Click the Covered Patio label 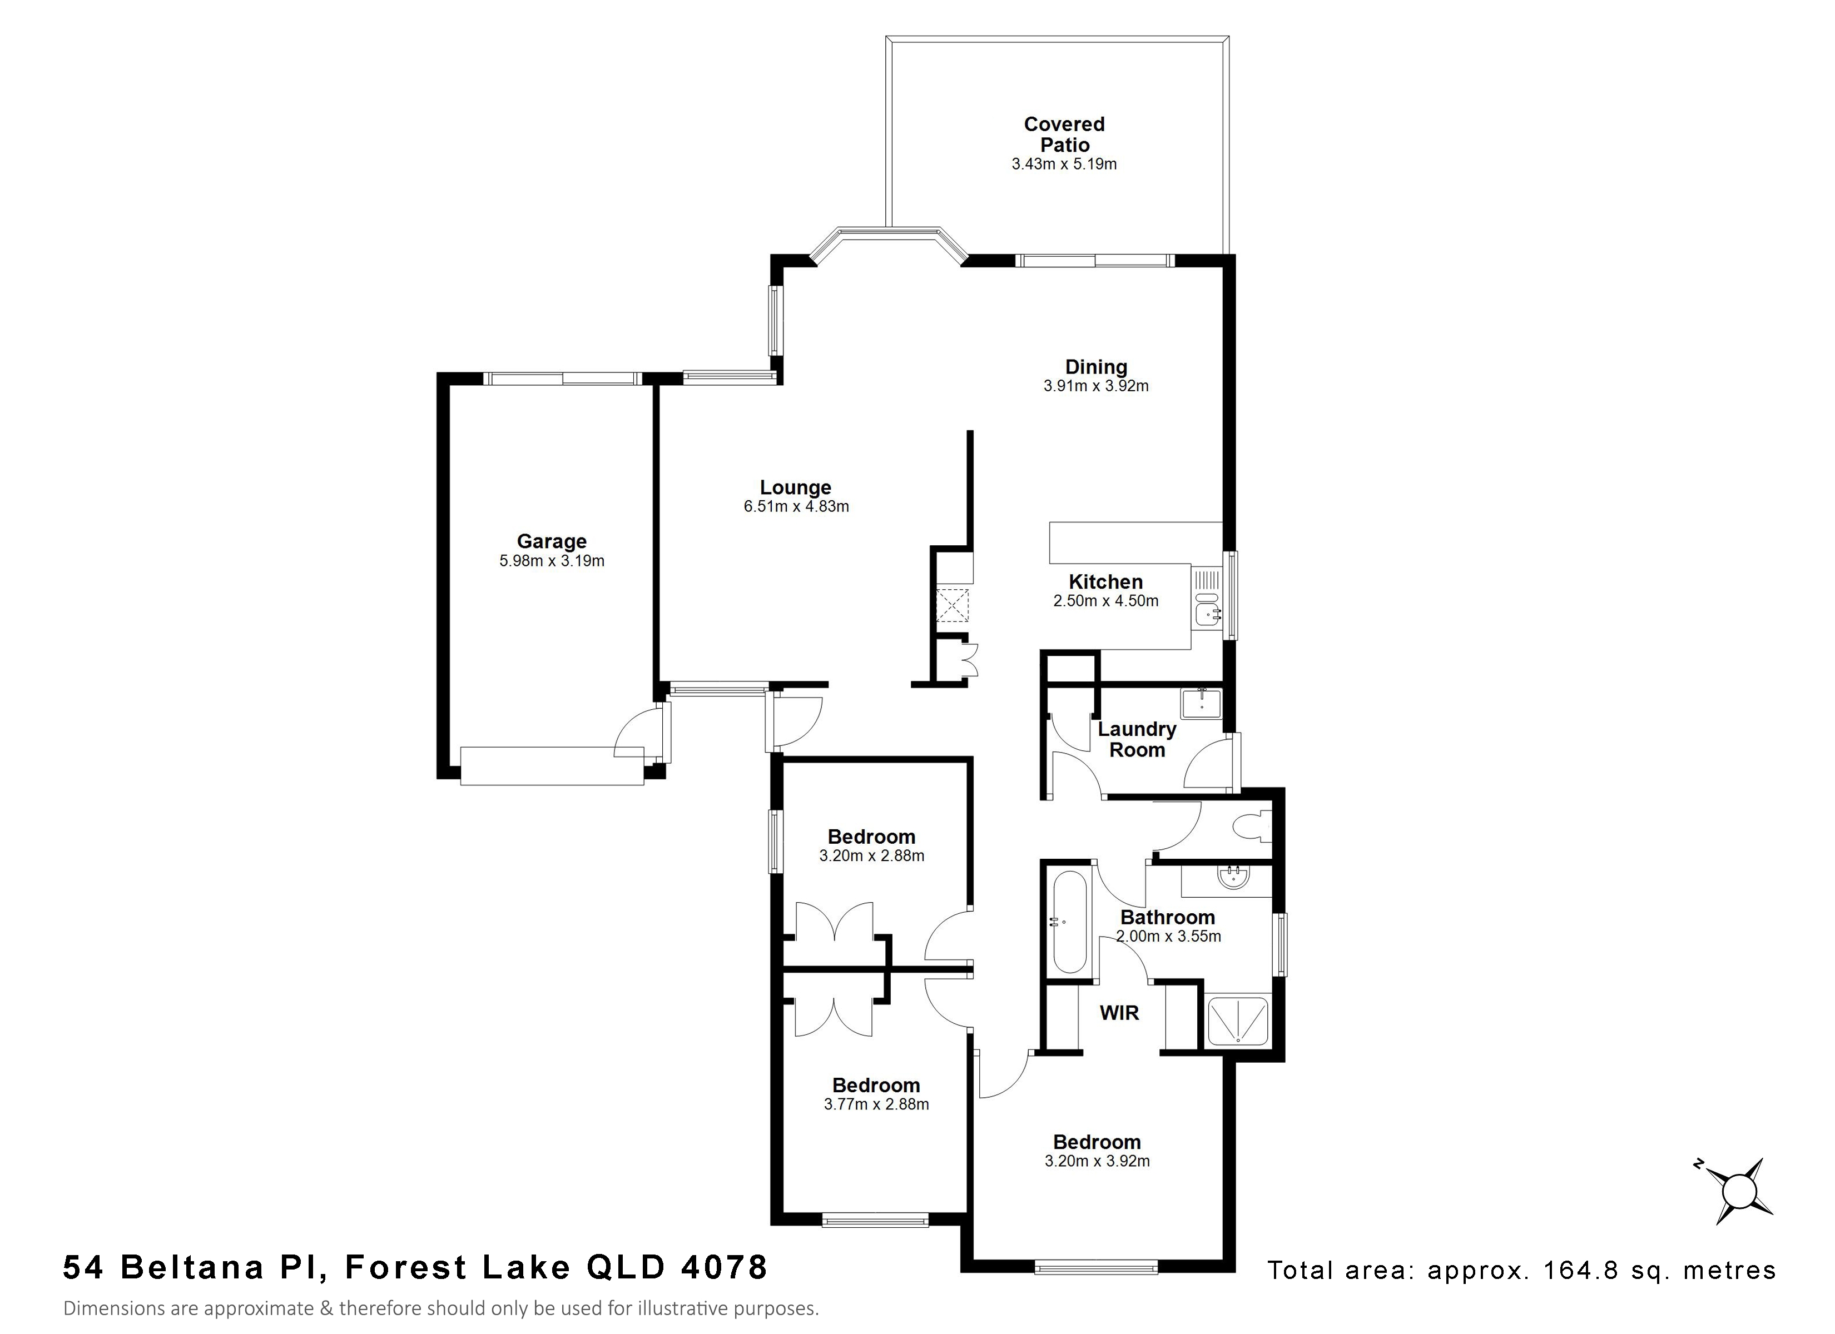[x=1064, y=135]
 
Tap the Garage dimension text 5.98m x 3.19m [x=552, y=561]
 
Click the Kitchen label [x=1105, y=581]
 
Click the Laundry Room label [x=1137, y=739]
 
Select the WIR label [x=1119, y=1012]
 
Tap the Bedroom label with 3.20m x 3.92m [x=1097, y=1142]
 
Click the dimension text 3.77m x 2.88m [x=876, y=1104]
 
